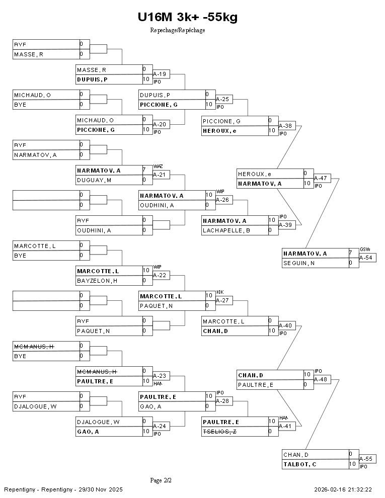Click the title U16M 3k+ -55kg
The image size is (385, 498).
(187, 18)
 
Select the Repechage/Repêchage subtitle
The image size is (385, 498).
(177, 30)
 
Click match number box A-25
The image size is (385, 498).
(223, 99)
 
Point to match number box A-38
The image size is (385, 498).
(286, 126)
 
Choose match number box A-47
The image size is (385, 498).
(322, 178)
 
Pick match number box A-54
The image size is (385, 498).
(367, 258)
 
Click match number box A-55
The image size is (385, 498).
(367, 459)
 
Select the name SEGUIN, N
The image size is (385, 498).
(299, 263)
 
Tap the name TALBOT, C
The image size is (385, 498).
(300, 464)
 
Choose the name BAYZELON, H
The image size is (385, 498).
(97, 281)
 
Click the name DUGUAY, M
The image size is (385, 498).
(94, 180)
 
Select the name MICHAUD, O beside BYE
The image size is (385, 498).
(32, 95)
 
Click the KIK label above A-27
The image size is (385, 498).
(219, 292)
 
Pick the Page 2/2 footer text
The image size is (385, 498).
(161, 480)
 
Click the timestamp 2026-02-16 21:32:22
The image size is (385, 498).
(343, 489)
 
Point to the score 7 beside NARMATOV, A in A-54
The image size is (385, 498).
(351, 253)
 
